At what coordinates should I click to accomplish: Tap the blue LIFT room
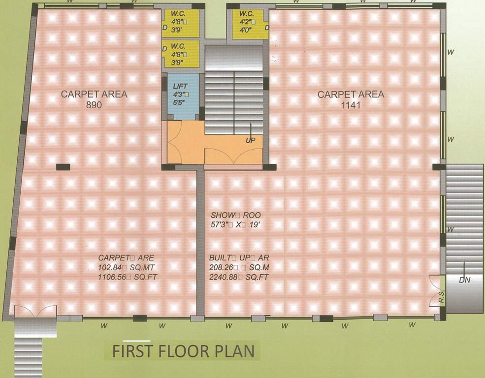pyautogui.click(x=183, y=96)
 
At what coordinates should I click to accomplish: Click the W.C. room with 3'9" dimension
pyautogui.click(x=181, y=24)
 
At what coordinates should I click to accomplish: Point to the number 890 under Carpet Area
pyautogui.click(x=94, y=104)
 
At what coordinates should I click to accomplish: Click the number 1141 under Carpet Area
pyautogui.click(x=351, y=104)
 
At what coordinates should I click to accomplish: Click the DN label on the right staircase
pyautogui.click(x=464, y=280)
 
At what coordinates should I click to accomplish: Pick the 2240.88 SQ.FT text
pyautogui.click(x=239, y=277)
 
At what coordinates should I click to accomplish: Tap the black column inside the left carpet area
pyautogui.click(x=63, y=167)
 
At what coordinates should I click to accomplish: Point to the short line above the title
pyautogui.click(x=137, y=341)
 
